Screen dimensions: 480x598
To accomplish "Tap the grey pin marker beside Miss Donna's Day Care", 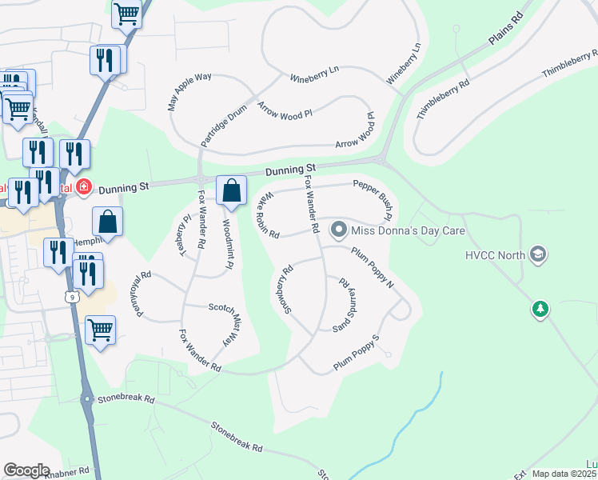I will [x=339, y=230].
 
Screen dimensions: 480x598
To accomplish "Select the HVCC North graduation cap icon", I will [x=539, y=255].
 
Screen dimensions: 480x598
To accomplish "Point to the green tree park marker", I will [x=540, y=309].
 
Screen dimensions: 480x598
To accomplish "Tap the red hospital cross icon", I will [x=82, y=187].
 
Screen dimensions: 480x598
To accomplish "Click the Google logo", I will [x=26, y=470].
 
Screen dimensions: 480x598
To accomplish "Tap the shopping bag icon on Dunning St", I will [x=231, y=191].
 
